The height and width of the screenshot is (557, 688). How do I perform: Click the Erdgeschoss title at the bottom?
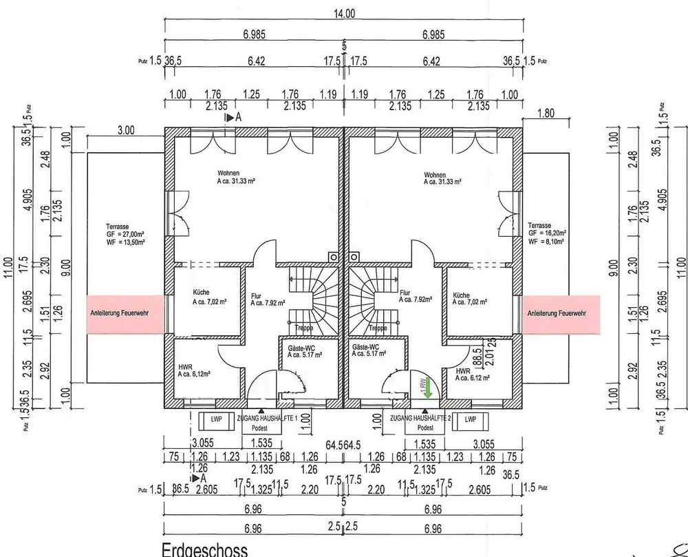click(204, 549)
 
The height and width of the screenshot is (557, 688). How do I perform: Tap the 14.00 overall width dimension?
click(344, 14)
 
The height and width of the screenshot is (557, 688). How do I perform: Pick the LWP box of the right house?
click(471, 419)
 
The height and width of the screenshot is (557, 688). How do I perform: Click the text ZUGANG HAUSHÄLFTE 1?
click(266, 419)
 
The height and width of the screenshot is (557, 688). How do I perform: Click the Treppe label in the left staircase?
click(303, 328)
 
